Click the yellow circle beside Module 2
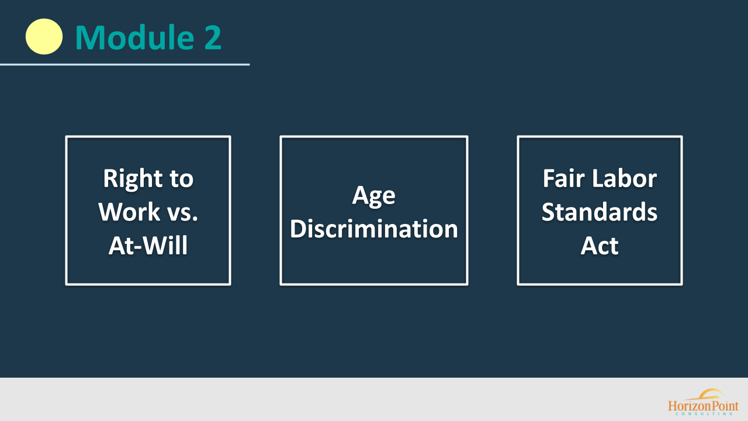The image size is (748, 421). click(44, 36)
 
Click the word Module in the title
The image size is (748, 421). click(134, 37)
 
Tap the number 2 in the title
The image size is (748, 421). click(212, 37)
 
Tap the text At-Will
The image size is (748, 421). click(148, 246)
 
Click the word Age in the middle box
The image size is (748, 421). click(373, 195)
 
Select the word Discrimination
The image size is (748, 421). click(373, 229)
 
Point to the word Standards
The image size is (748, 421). click(600, 212)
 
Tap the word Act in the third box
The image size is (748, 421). click(600, 246)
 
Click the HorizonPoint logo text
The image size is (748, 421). click(703, 406)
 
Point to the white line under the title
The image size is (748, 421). click(124, 64)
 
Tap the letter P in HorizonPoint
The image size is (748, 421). click(715, 406)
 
